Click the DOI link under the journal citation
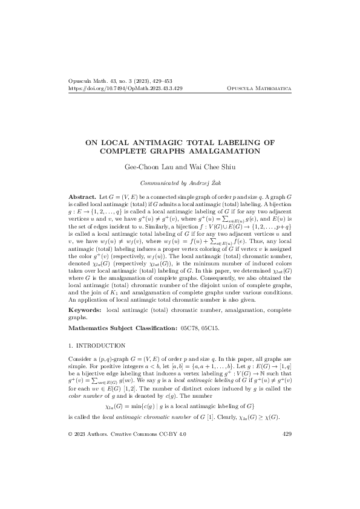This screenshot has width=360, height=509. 126,88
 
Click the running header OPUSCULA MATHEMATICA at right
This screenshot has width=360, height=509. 258,88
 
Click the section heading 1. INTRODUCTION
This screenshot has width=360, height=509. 97,346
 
